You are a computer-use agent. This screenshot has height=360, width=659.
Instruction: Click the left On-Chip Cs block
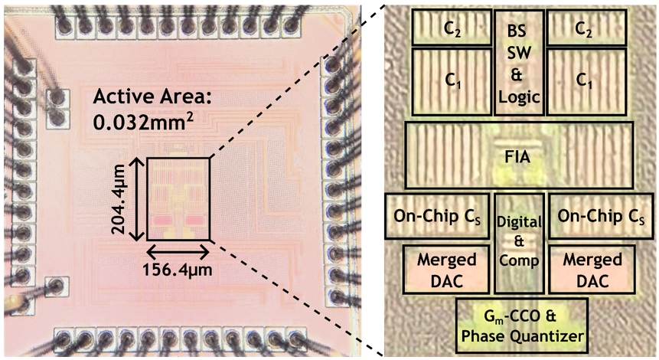pyautogui.click(x=438, y=215)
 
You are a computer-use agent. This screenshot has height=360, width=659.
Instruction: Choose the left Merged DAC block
pyautogui.click(x=447, y=269)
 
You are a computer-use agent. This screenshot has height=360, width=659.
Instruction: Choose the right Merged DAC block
pyautogui.click(x=592, y=269)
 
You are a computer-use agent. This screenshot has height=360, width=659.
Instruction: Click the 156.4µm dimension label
pyautogui.click(x=177, y=270)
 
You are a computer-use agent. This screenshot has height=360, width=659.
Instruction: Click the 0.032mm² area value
pyautogui.click(x=136, y=121)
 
